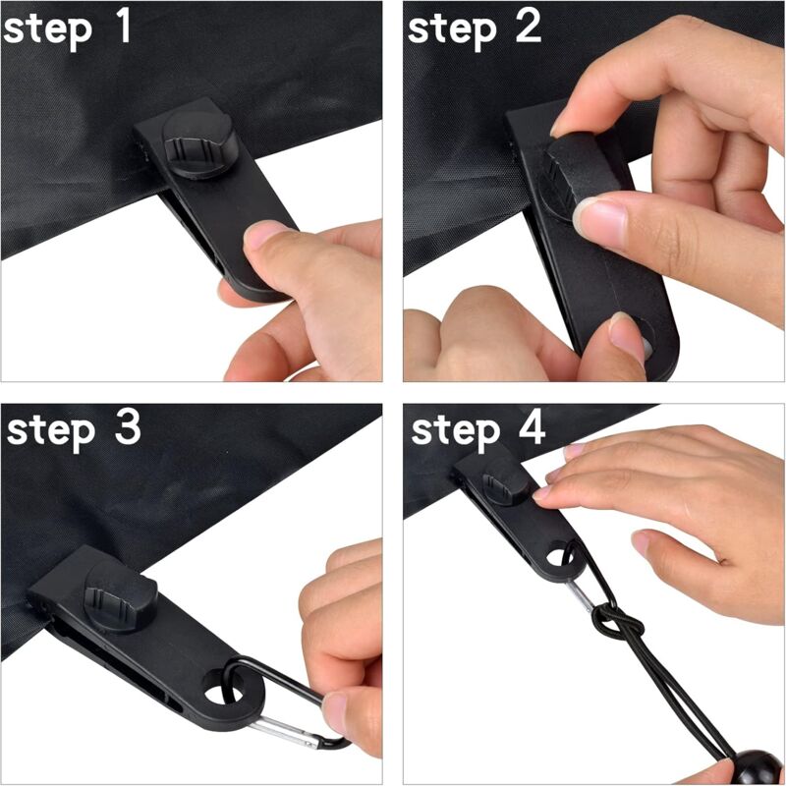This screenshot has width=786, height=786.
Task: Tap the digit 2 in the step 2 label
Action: pos(527,28)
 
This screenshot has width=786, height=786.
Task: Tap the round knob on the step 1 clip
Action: pos(197,143)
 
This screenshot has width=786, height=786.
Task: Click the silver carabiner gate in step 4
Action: pos(580,594)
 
